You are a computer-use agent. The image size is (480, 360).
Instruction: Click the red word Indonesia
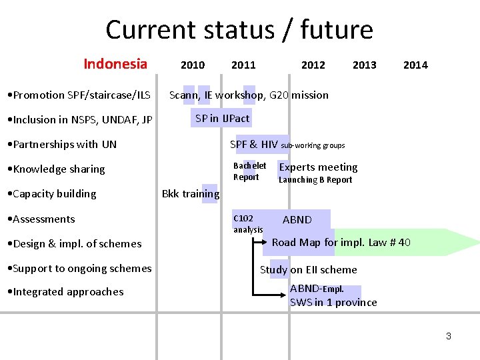pyautogui.click(x=115, y=64)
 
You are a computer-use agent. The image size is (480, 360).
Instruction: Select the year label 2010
pyautogui.click(x=193, y=65)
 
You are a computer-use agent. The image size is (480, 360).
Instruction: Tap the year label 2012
pyautogui.click(x=313, y=65)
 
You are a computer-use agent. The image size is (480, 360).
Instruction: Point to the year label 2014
pyautogui.click(x=415, y=65)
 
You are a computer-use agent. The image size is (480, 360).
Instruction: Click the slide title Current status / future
pyautogui.click(x=239, y=30)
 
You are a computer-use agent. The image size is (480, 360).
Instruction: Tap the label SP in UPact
pyautogui.click(x=222, y=119)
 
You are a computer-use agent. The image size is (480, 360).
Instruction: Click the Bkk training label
pyautogui.click(x=191, y=194)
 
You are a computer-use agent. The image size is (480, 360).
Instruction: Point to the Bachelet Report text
pyautogui.click(x=249, y=171)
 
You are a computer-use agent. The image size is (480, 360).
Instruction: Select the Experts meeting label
pyautogui.click(x=318, y=167)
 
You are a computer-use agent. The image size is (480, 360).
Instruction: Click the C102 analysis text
pyautogui.click(x=247, y=224)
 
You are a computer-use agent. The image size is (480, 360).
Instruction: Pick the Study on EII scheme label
pyautogui.click(x=308, y=270)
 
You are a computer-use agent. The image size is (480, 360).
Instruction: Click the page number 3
pyautogui.click(x=449, y=336)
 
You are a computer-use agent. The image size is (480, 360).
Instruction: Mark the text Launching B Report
pyautogui.click(x=315, y=180)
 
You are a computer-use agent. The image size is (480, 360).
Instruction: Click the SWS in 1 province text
pyautogui.click(x=333, y=303)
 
